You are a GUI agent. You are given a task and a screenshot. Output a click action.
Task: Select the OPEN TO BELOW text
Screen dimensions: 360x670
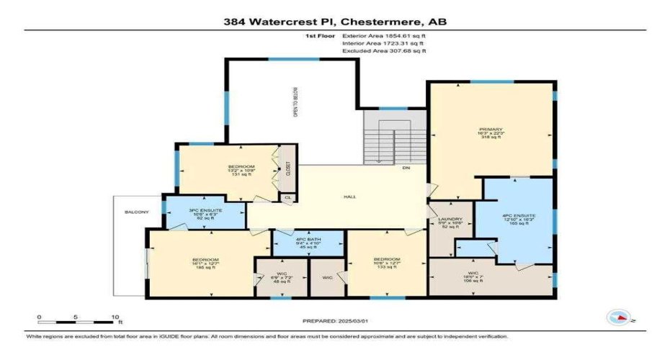(x=294, y=102)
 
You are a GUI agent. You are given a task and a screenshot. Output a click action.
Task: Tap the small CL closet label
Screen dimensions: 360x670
(x=287, y=197)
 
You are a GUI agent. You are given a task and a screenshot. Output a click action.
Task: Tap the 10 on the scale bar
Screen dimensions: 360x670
(x=114, y=317)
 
